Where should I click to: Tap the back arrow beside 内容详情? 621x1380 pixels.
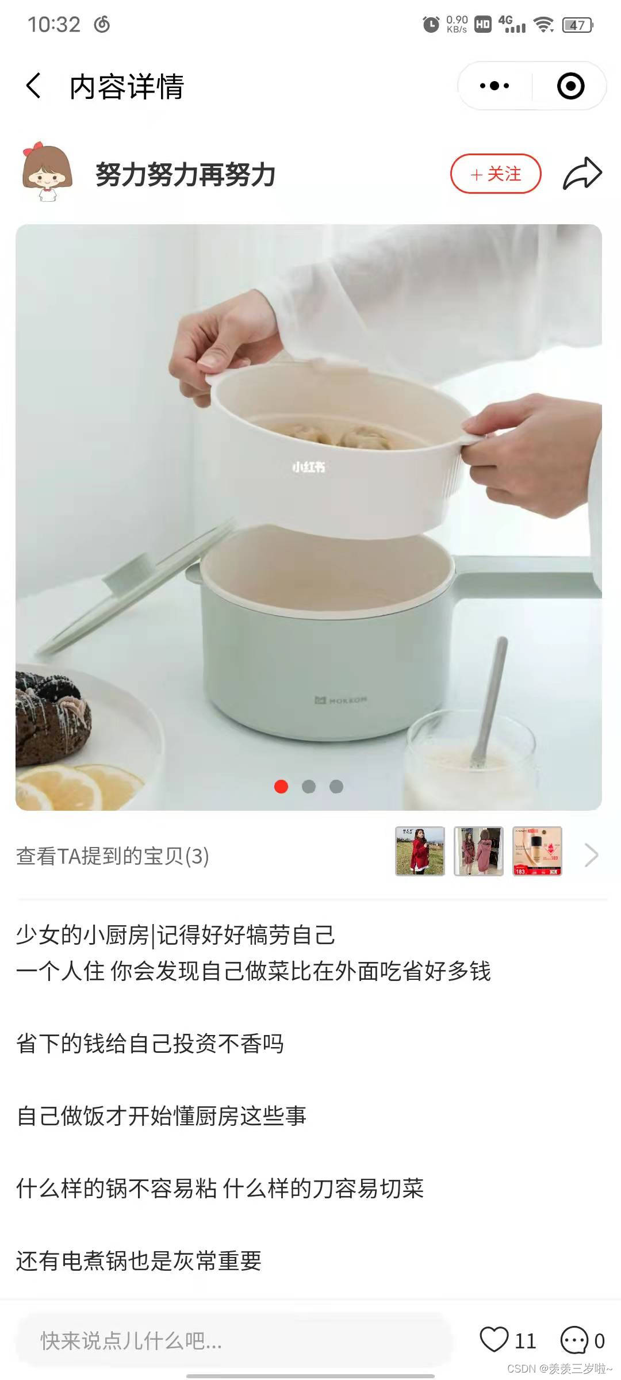(33, 86)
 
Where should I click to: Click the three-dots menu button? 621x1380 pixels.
(494, 86)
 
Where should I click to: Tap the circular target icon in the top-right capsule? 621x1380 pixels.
(570, 86)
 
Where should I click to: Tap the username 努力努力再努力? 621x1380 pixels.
(185, 174)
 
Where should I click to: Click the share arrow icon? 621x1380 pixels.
(582, 173)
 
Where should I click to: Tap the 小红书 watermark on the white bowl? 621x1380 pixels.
(309, 467)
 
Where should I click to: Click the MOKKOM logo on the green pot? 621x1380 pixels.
(341, 700)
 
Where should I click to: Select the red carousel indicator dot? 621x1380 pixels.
(281, 787)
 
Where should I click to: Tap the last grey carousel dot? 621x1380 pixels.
(336, 787)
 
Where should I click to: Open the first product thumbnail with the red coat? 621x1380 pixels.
(420, 851)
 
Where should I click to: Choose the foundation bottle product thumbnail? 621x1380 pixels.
(537, 851)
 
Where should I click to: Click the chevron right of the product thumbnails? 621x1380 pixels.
(591, 855)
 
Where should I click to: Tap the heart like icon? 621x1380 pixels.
(494, 1339)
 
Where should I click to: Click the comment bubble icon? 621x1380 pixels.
(574, 1340)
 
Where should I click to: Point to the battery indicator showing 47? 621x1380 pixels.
(578, 25)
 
